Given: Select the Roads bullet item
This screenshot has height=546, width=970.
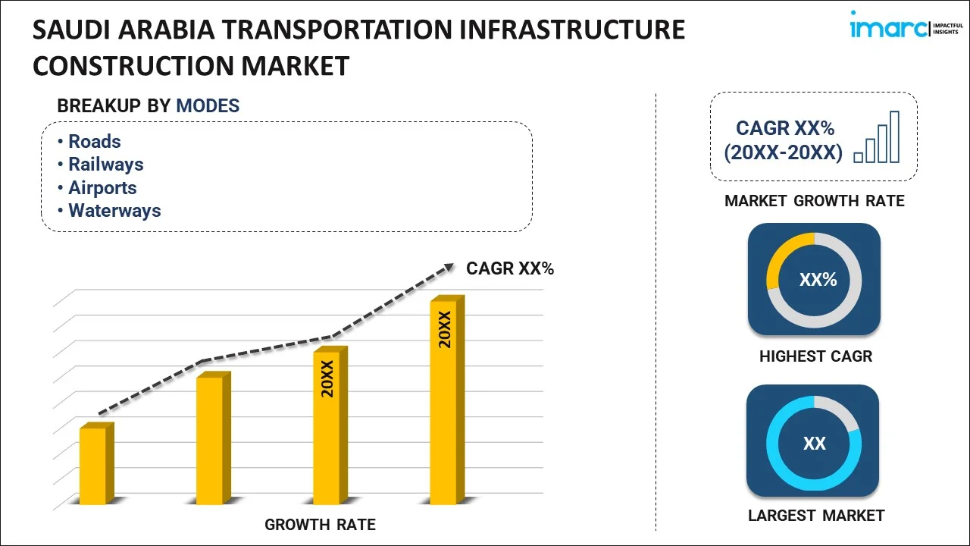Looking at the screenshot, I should click(94, 142).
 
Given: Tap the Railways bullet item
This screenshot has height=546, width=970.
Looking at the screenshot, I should click(105, 165).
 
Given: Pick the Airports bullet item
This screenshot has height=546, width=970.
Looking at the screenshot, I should click(102, 188).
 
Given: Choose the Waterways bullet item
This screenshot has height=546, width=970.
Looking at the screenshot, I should click(114, 211).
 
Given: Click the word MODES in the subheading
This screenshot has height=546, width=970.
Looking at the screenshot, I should click(208, 106).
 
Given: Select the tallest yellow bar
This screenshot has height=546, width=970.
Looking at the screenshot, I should click(443, 402).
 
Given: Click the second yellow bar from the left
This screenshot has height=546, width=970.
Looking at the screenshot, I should click(210, 440).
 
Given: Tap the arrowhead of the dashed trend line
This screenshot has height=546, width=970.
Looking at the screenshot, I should click(449, 267).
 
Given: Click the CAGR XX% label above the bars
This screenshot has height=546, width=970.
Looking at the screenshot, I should click(510, 268).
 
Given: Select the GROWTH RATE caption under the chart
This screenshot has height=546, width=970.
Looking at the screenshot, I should click(320, 525).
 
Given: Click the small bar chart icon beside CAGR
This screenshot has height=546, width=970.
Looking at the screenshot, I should click(877, 138).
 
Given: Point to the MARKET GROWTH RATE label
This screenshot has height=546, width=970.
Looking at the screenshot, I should click(815, 201).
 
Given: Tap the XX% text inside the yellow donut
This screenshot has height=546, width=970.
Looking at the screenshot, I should click(818, 280).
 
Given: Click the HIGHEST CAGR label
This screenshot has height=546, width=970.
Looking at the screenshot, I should click(815, 356).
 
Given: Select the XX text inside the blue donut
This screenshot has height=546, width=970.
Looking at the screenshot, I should click(814, 444).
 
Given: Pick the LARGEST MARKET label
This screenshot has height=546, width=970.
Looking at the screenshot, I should click(816, 516).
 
